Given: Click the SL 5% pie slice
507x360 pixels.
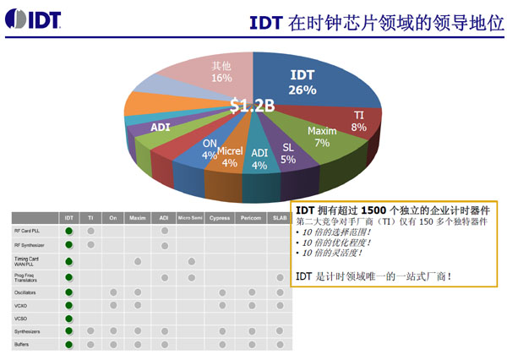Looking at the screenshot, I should [x=288, y=153].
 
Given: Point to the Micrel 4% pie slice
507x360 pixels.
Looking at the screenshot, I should [x=230, y=156].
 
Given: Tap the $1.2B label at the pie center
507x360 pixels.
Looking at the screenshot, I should [x=253, y=106].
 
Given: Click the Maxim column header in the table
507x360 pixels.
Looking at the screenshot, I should [x=137, y=217].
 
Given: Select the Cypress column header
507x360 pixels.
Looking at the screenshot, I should [x=220, y=217].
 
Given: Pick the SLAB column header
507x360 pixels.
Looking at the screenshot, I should [x=280, y=217].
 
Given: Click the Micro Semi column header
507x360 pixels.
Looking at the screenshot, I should [x=191, y=217].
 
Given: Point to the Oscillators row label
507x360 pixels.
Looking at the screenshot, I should [x=25, y=292].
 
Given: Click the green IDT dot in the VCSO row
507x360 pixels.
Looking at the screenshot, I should [x=69, y=319].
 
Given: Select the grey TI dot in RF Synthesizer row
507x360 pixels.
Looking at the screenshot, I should [x=90, y=246].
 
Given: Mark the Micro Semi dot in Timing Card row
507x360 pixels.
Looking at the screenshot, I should [x=192, y=261].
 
